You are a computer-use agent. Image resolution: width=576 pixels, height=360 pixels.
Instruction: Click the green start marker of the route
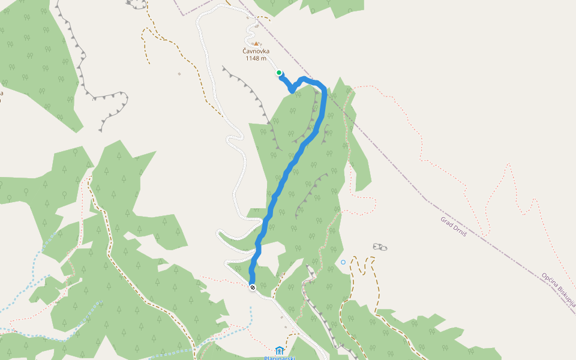[279, 73]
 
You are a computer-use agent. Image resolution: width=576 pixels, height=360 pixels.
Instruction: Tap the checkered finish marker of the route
[253, 287]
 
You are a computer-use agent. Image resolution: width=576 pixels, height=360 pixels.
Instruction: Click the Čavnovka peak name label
[256, 51]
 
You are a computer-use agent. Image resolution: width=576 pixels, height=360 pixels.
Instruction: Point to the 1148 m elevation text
[256, 58]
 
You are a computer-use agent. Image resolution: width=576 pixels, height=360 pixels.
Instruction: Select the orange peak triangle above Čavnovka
[256, 43]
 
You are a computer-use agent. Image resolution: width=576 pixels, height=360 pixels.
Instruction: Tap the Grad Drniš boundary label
[454, 227]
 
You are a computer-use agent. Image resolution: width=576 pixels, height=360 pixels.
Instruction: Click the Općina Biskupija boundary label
[558, 292]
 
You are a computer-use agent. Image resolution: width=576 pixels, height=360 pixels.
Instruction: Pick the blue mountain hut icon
[279, 350]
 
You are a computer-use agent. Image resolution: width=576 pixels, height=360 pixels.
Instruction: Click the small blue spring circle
[343, 262]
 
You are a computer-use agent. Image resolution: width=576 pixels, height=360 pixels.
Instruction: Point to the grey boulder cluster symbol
[380, 247]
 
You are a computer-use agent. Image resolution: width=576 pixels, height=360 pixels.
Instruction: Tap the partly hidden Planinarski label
[280, 358]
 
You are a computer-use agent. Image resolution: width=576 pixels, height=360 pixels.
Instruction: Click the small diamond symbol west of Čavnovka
[179, 74]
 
